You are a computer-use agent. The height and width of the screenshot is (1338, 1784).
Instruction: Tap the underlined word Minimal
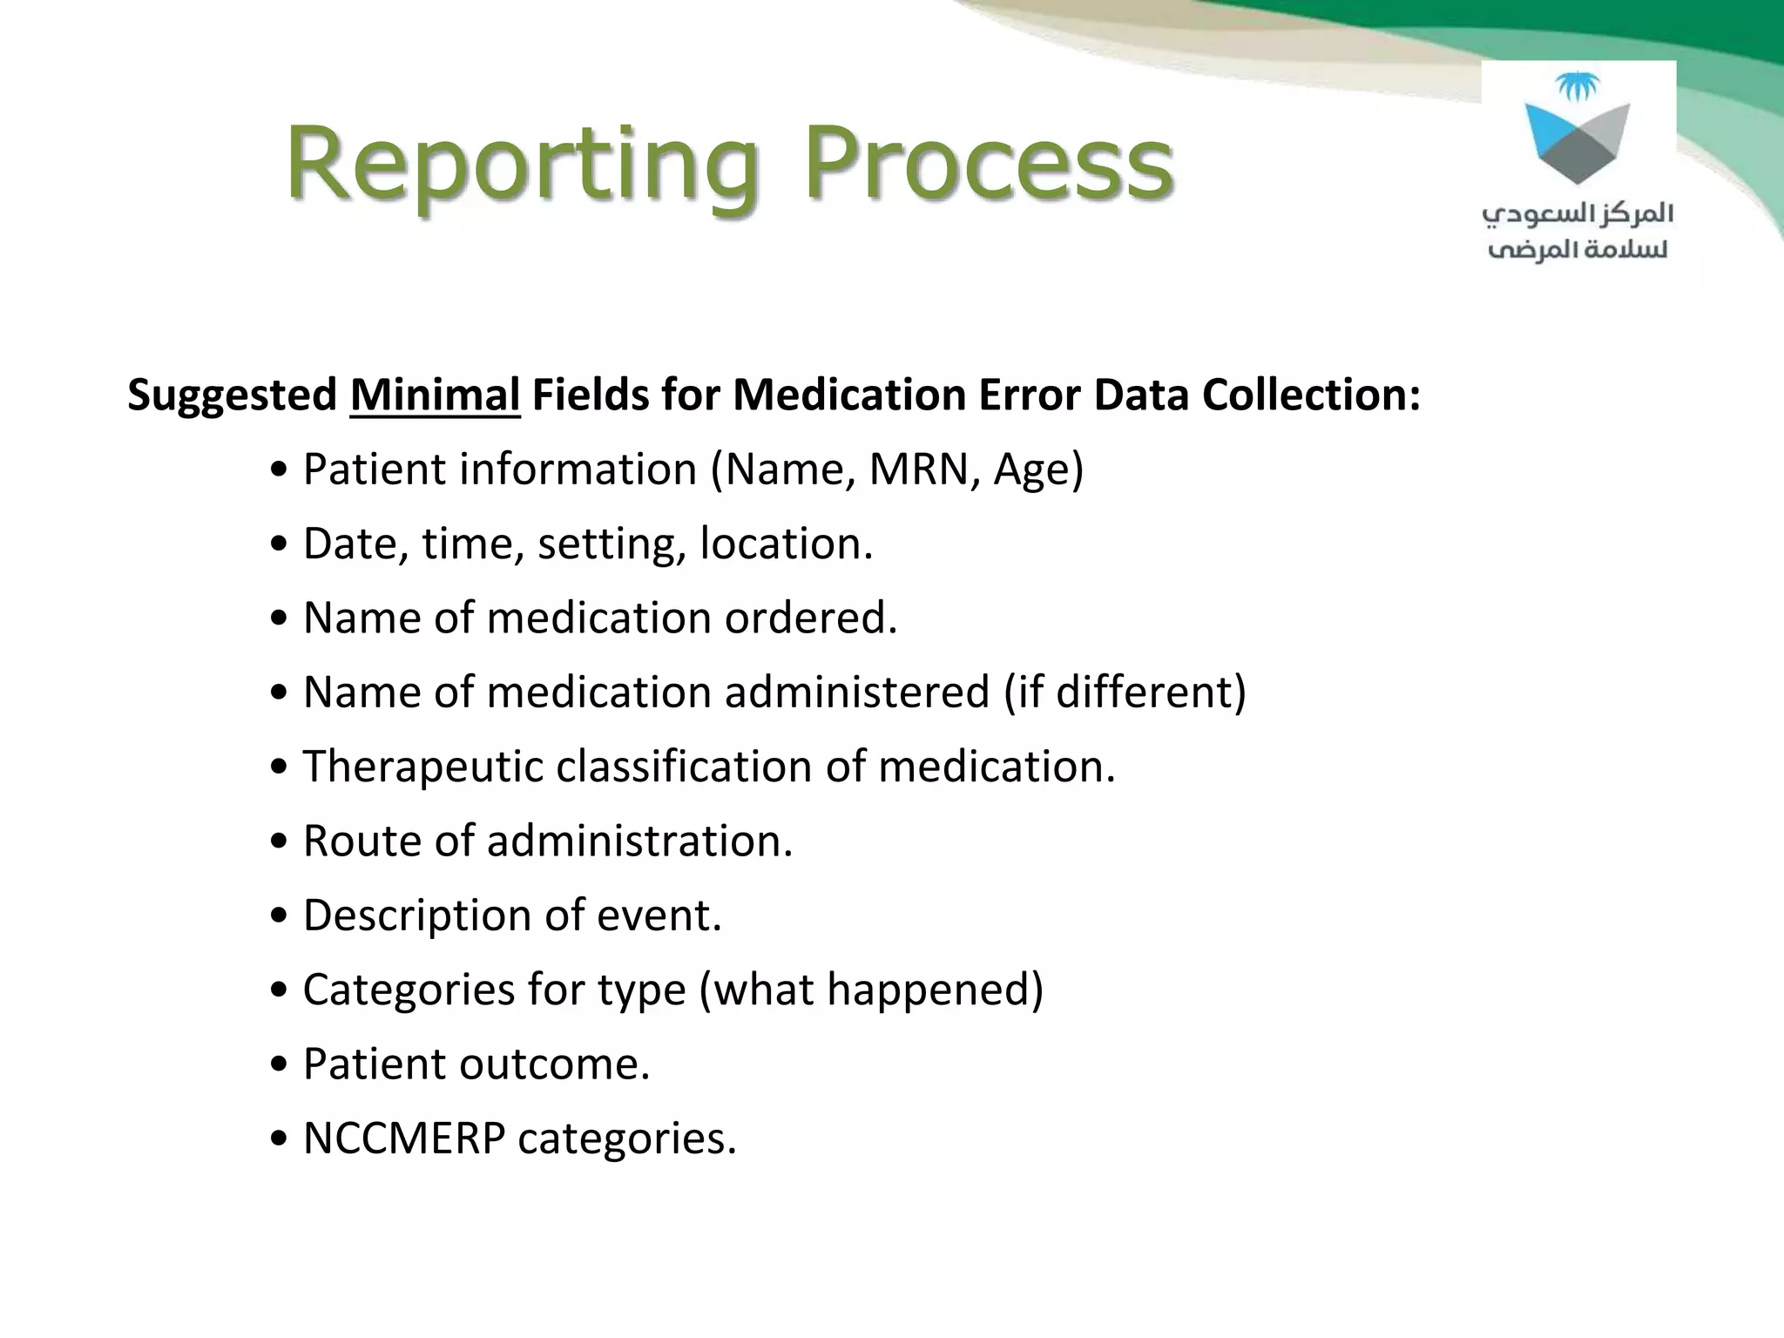[435, 395]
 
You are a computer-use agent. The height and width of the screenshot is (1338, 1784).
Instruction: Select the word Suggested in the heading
[232, 395]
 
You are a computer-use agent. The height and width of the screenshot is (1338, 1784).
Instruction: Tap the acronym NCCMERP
[403, 1139]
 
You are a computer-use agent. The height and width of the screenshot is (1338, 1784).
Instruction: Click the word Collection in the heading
[1305, 395]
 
